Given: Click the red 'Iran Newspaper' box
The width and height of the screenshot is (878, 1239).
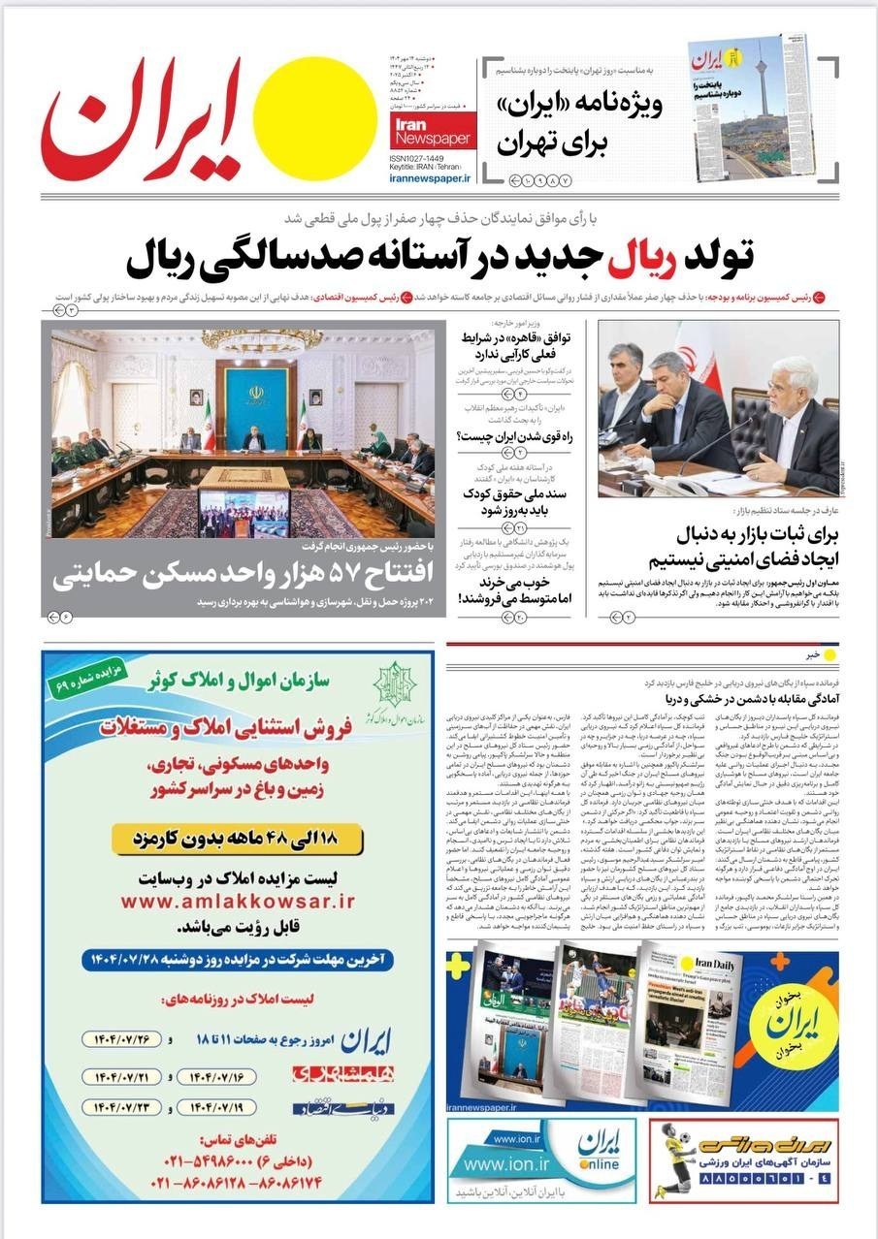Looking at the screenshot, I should point(433,132).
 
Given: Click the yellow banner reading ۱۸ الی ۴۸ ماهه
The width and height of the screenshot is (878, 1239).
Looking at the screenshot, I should point(238,838).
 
